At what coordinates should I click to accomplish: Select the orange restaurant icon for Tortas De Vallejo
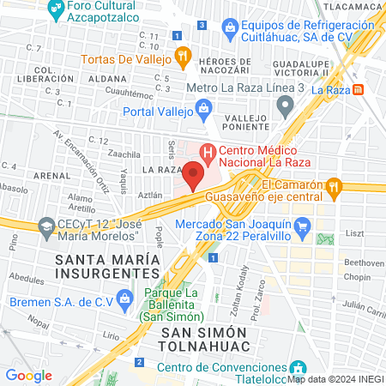(182, 58)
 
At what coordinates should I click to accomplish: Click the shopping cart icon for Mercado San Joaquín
(300, 226)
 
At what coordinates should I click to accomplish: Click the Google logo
(29, 375)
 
